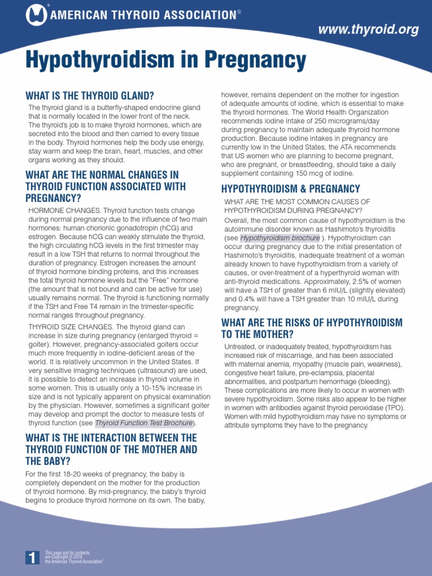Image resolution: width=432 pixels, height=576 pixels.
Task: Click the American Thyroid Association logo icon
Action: [x=37, y=15]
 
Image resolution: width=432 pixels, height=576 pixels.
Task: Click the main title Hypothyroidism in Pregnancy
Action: [x=166, y=60]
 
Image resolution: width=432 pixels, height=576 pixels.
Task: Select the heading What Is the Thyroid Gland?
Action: [x=90, y=96]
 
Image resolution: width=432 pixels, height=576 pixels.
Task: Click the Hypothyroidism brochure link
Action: [x=280, y=238]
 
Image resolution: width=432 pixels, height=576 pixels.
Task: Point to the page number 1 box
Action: [x=33, y=557]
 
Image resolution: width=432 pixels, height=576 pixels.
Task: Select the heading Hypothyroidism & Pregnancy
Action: [x=290, y=188]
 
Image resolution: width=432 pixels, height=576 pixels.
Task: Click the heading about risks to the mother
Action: [x=312, y=328]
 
